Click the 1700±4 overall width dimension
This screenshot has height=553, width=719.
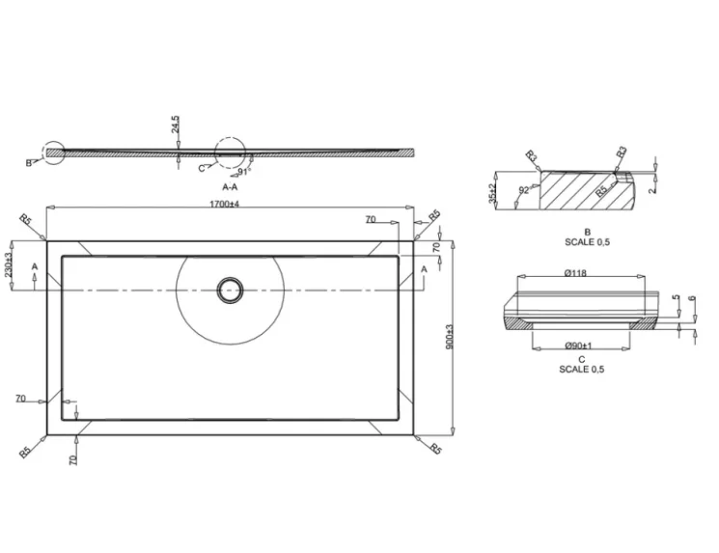tap(223, 204)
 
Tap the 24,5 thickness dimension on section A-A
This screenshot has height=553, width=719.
tap(176, 125)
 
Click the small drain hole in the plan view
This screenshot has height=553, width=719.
tap(230, 290)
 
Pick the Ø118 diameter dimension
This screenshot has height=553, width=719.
tap(576, 273)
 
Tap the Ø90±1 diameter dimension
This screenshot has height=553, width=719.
tap(577, 346)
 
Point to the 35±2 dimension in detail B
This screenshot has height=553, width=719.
tap(492, 193)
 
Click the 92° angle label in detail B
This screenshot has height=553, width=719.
tap(523, 191)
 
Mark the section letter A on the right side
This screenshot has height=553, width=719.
tap(424, 267)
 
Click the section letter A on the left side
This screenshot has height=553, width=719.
tap(35, 265)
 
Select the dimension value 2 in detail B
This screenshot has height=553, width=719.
tap(652, 190)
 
